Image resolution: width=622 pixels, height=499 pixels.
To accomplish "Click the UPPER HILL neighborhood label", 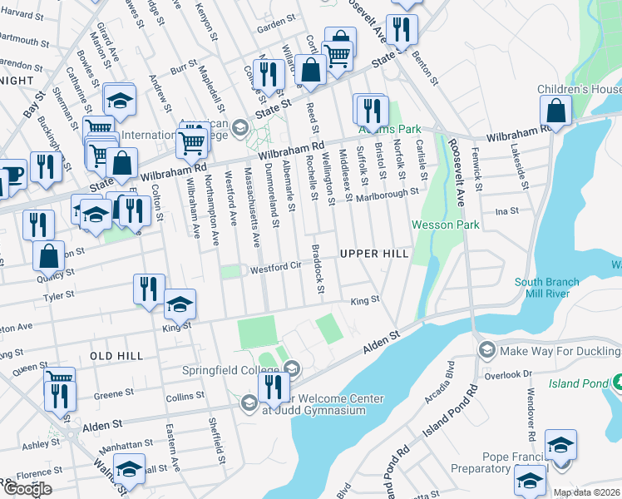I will (374, 253).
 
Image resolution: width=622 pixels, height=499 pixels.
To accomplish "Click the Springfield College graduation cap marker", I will (291, 368).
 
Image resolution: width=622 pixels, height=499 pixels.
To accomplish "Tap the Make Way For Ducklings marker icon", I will (486, 350).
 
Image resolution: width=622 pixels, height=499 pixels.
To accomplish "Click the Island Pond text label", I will (580, 383).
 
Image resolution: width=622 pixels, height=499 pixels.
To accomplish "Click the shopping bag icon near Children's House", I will (555, 111).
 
